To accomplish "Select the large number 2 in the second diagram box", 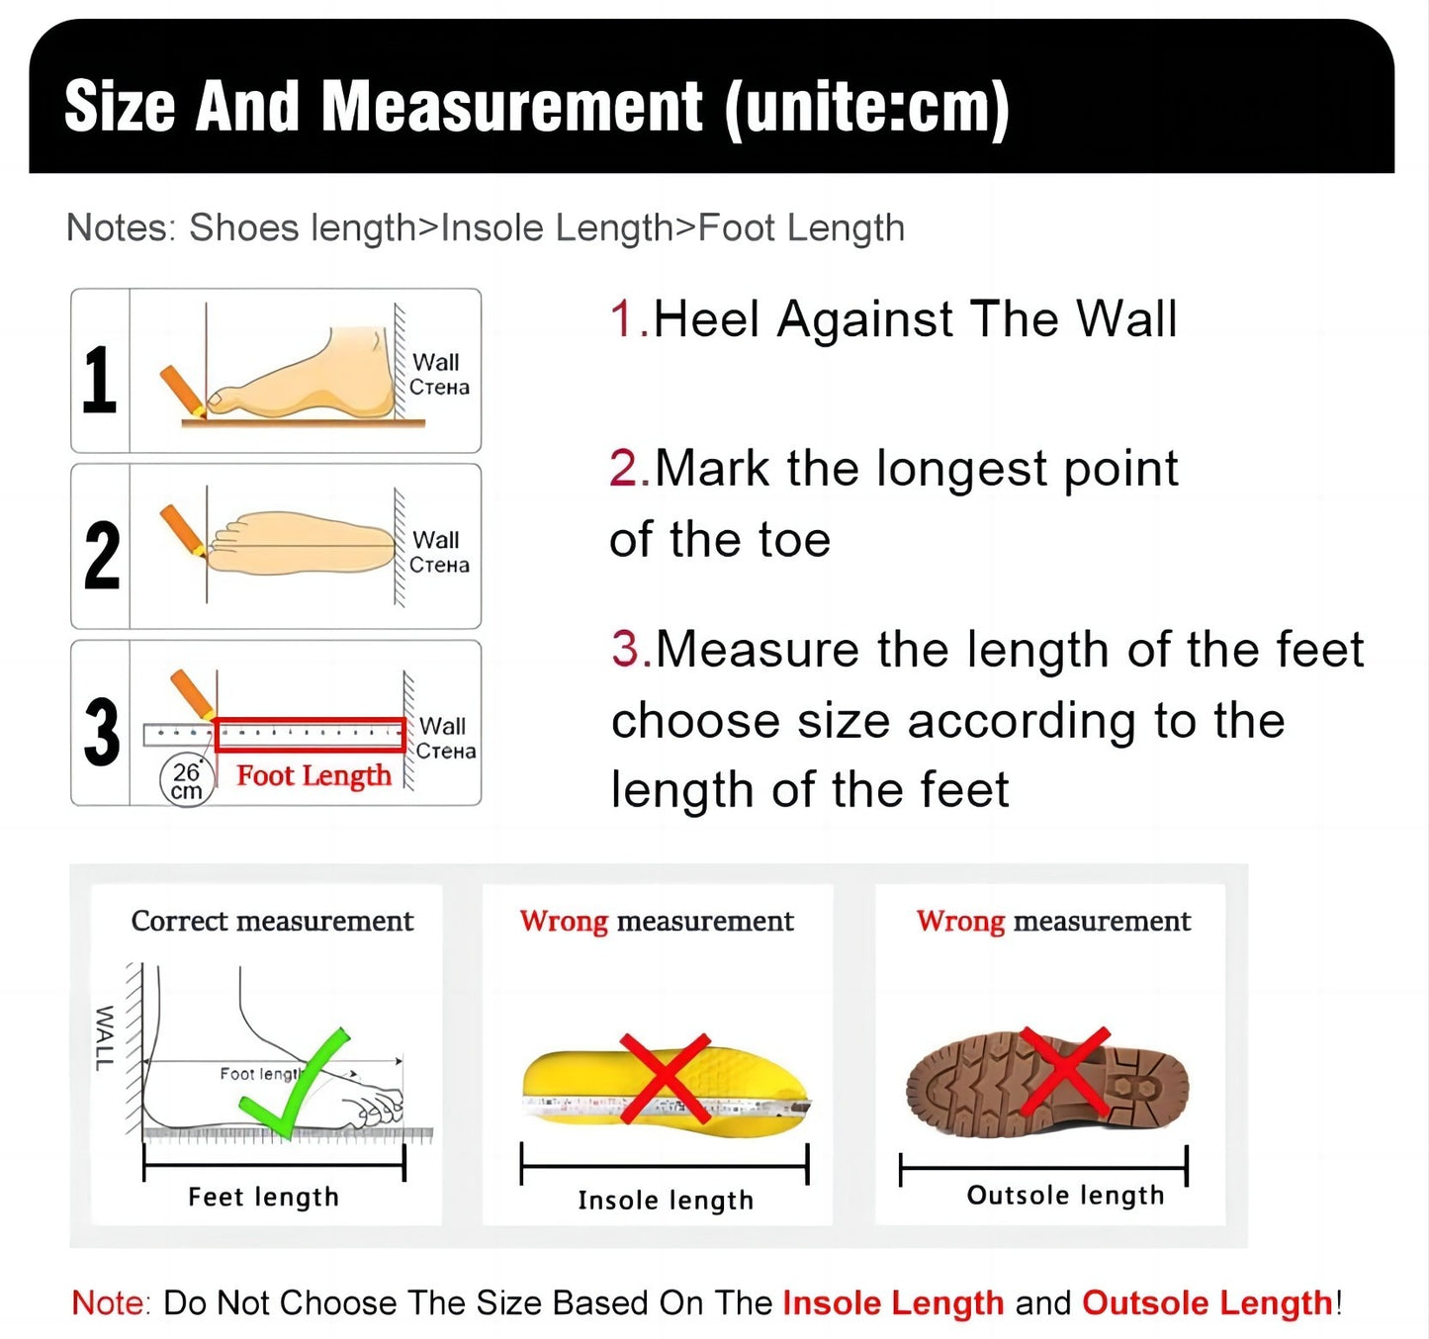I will coord(101,556).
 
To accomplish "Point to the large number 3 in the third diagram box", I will coord(101,733).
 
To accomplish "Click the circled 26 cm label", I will coord(186,781).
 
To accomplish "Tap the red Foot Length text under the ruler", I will coord(313,775).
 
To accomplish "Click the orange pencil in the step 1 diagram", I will coord(182,389).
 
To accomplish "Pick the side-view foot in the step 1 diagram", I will coord(316,381).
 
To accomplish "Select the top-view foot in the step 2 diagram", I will coord(302,543).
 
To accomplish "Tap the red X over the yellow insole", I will coord(666,1077).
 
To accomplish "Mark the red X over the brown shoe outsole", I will coord(1064,1070).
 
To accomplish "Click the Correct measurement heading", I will coord(272,921).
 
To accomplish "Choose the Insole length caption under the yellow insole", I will coord(666,1200).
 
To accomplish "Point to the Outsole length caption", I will coord(1065,1195).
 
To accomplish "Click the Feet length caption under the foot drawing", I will coord(263,1197).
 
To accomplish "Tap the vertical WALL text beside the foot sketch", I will coord(104,1037).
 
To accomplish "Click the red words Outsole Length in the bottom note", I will coord(1207,1302).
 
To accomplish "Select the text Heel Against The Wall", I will coord(915,319).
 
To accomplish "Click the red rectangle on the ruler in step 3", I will coord(310,734).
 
